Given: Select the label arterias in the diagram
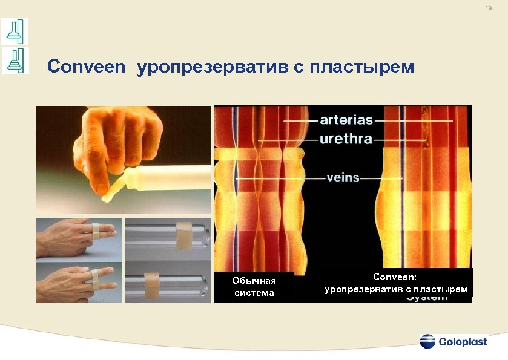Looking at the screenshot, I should pos(346,120).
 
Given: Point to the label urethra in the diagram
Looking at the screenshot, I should pos(346,139).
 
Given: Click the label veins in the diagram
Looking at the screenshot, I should pos(343,178).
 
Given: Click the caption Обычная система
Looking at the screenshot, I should pos(254,287).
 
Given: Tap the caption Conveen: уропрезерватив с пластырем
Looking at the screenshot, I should pos(396,283).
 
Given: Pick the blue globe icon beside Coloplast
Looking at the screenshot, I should pos(427,341).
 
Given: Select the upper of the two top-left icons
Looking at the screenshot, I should pos(15,30).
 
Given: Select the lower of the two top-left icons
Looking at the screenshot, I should pos(15,61).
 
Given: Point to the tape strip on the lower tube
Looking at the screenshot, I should pos(151,280).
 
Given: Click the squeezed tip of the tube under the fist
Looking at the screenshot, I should pos(112,194).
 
